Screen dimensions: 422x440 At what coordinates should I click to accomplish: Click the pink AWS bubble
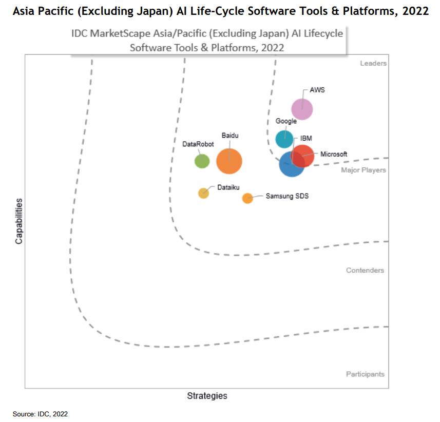tap(302, 109)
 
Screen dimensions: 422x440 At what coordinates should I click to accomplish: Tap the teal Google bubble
tap(284, 139)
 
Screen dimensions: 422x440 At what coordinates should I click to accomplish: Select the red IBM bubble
tap(303, 156)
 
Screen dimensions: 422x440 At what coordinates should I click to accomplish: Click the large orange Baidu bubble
tap(229, 161)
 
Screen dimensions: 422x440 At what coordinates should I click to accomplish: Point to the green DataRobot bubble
tap(202, 161)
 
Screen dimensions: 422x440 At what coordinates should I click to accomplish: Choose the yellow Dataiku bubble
tap(204, 193)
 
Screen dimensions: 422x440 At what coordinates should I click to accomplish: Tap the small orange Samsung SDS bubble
tap(247, 198)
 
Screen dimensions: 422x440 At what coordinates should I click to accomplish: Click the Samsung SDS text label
tap(287, 196)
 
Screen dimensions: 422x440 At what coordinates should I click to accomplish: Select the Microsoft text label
tap(334, 154)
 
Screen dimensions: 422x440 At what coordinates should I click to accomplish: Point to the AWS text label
tap(317, 90)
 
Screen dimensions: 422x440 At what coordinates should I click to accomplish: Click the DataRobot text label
tap(198, 144)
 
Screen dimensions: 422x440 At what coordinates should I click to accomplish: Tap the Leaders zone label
tap(373, 64)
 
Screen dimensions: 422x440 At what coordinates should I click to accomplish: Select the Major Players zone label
tap(364, 170)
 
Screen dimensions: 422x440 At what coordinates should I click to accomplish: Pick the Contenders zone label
tap(365, 271)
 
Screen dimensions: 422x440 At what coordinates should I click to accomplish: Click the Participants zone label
tap(365, 374)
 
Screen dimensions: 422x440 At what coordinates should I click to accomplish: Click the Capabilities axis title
tap(18, 221)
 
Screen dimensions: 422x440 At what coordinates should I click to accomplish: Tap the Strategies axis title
tap(207, 396)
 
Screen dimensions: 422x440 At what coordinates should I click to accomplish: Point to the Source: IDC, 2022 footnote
tap(41, 414)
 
